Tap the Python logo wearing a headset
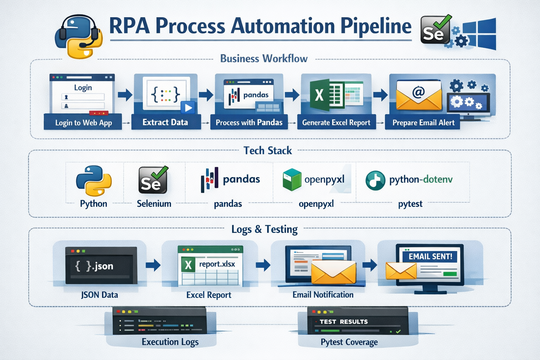[79, 37]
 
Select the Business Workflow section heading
[264, 58]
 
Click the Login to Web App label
[83, 123]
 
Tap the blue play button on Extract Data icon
[188, 108]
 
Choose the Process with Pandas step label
[249, 122]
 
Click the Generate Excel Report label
[336, 122]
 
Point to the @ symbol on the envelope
[418, 92]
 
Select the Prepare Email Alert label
[423, 123]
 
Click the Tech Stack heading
[268, 150]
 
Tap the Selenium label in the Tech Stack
[154, 204]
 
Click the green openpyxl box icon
[292, 179]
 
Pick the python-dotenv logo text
[420, 179]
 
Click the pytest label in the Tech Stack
[410, 204]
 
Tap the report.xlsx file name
[217, 264]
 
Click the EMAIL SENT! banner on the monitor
[430, 256]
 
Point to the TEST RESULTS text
[343, 322]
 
